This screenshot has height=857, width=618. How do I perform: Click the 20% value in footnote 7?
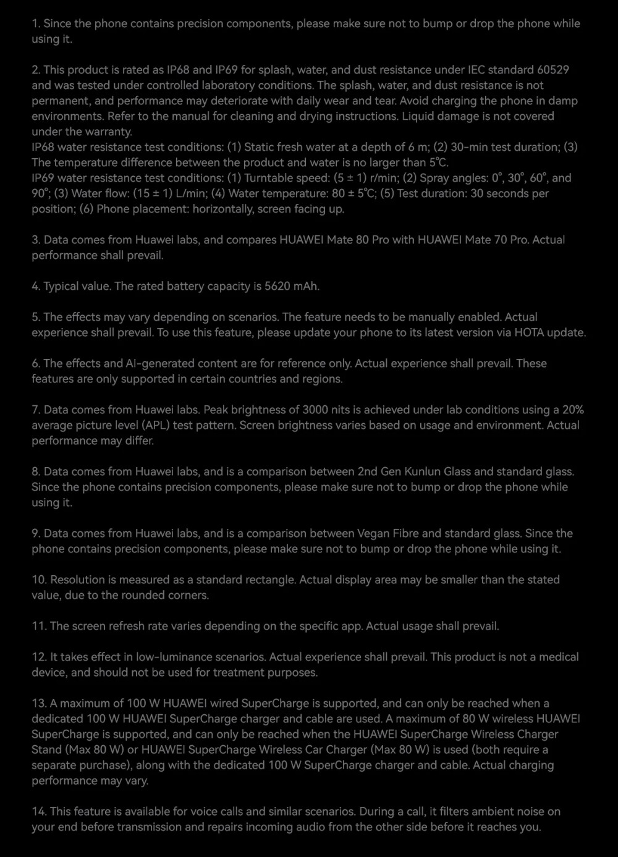(x=572, y=410)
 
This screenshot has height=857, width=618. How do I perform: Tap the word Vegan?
(x=373, y=533)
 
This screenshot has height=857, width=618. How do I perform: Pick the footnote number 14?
(x=38, y=811)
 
